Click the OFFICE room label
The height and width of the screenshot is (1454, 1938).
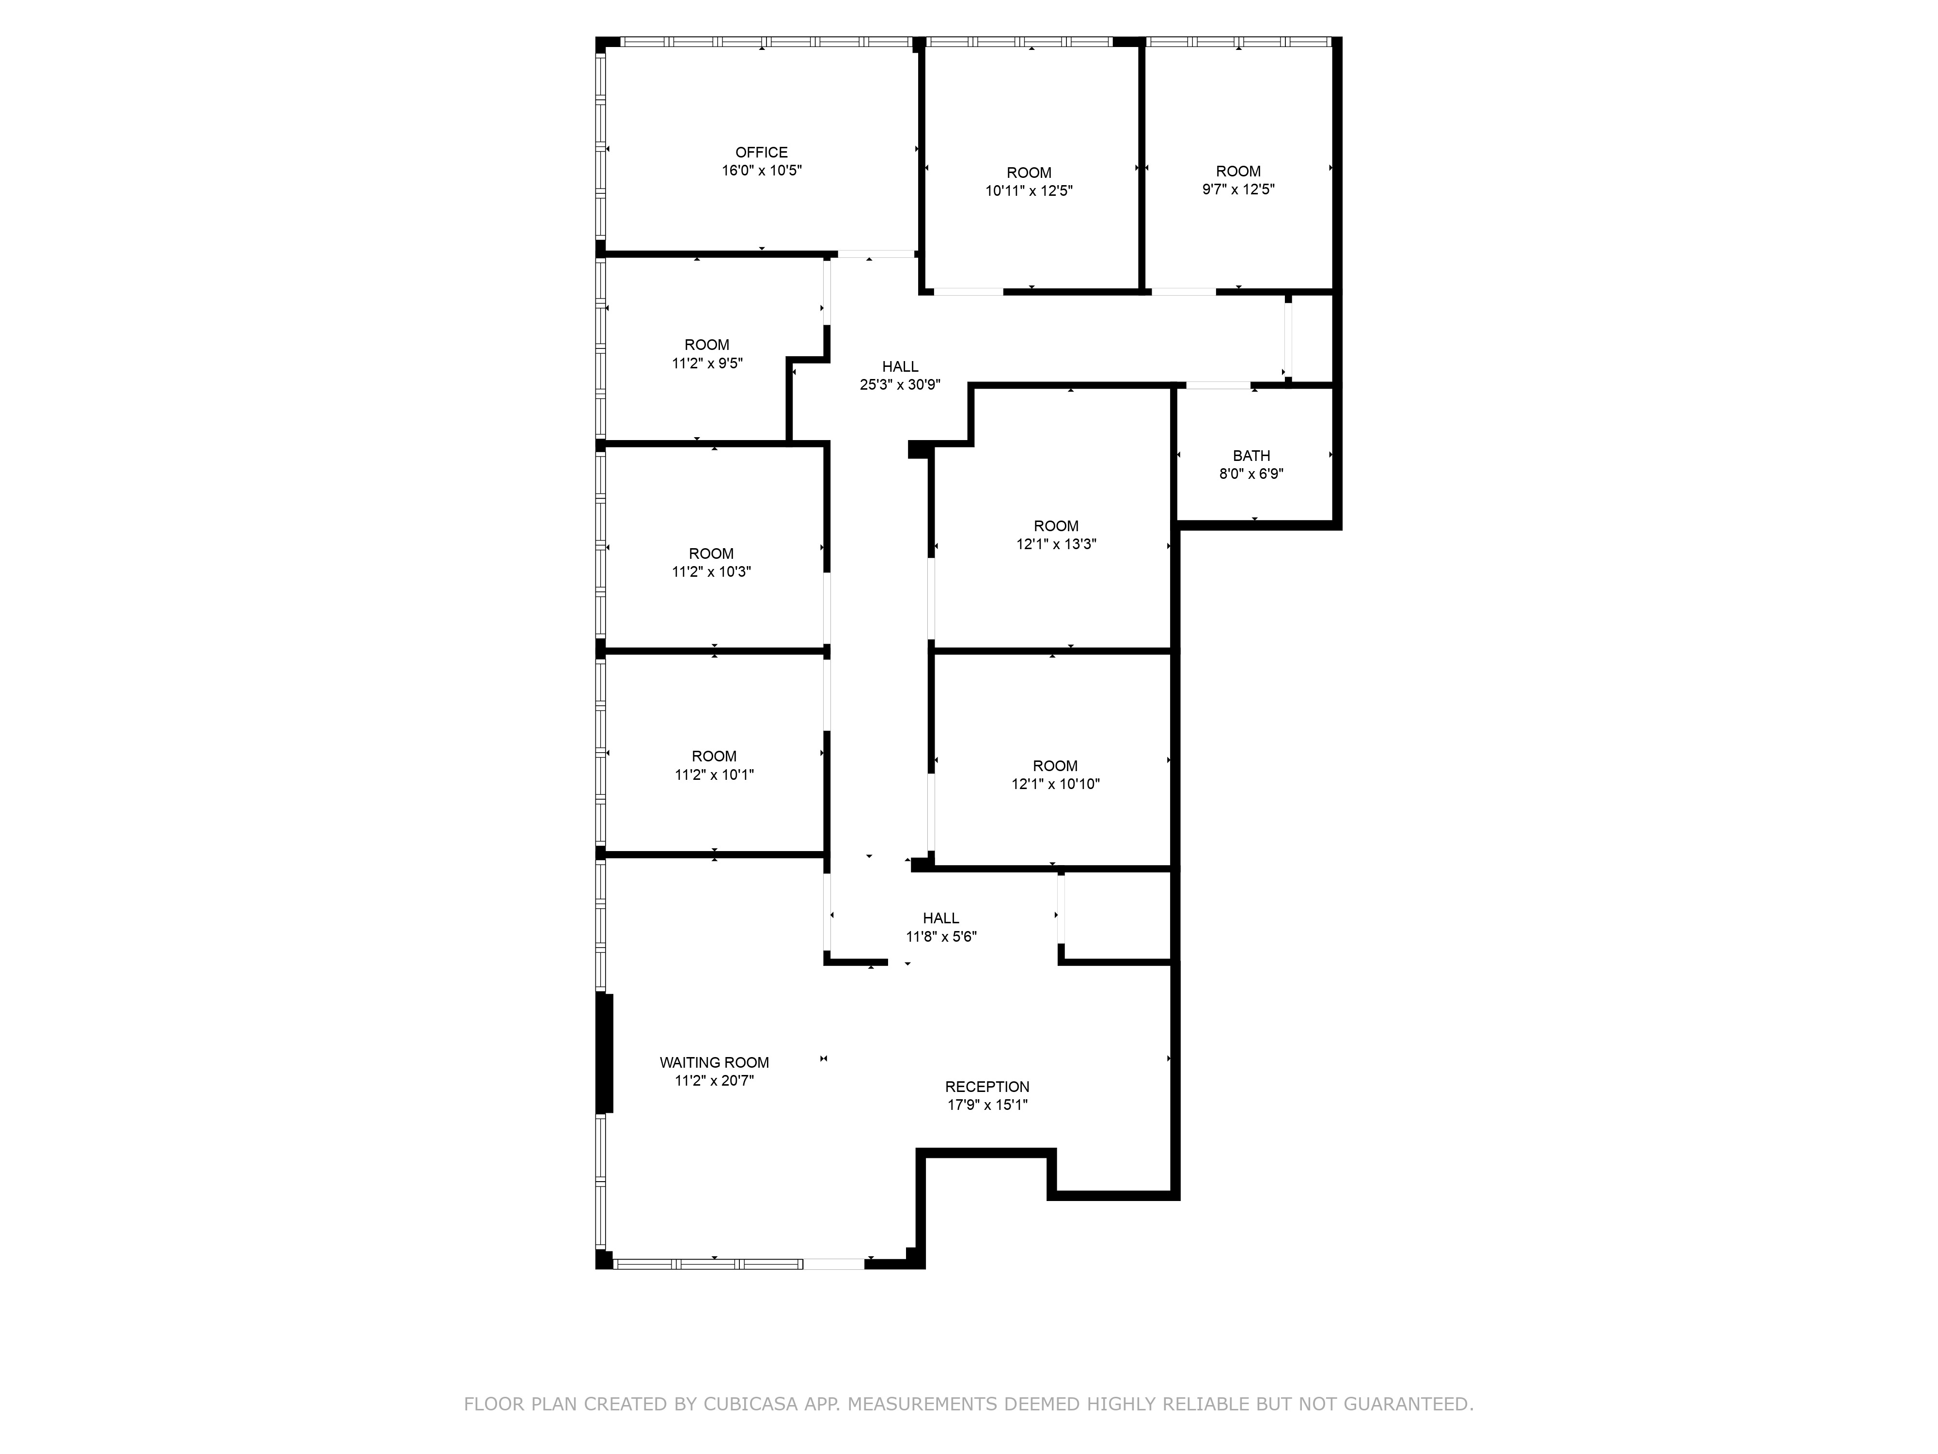coord(761,153)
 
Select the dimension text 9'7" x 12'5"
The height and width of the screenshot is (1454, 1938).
coord(1238,190)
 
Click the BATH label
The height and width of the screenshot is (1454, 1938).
coord(1251,456)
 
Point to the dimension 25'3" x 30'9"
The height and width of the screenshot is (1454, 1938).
coord(900,385)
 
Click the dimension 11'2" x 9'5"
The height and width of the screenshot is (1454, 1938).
coord(707,363)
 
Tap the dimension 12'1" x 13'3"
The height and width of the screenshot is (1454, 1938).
coord(1056,544)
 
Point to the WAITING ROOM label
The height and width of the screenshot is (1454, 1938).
coord(714,1062)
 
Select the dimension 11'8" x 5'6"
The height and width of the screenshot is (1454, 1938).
coord(941,937)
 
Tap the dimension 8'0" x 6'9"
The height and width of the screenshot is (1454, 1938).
coord(1251,474)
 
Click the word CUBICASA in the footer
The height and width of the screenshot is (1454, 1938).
coord(750,1404)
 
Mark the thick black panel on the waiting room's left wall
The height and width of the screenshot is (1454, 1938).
coord(604,1053)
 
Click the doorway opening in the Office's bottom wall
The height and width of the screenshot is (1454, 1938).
coord(875,254)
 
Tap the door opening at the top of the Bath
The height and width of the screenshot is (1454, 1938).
coord(1218,385)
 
